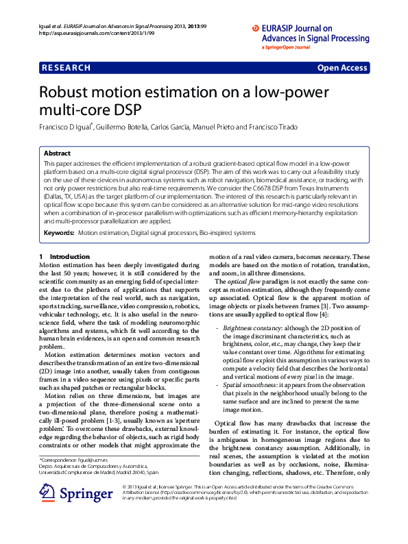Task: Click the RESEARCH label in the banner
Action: pos(66,68)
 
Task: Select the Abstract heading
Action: pos(57,153)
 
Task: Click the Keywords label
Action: pos(59,234)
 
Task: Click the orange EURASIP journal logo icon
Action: pos(257,28)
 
